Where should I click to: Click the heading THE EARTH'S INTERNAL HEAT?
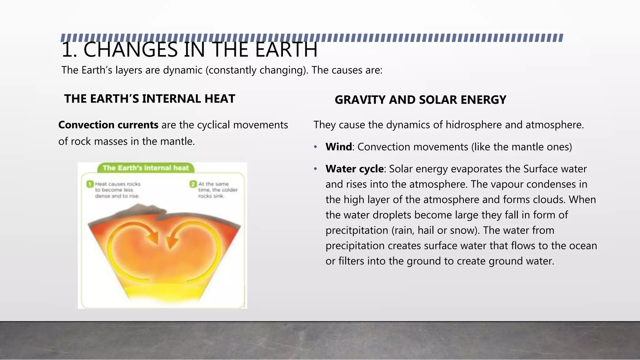pyautogui.click(x=149, y=99)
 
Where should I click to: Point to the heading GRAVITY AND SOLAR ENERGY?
pyautogui.click(x=420, y=100)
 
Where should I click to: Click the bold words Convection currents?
pyautogui.click(x=108, y=125)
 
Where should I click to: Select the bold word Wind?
pyautogui.click(x=338, y=147)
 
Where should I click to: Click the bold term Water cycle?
pyautogui.click(x=354, y=169)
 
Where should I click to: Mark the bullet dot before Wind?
pyautogui.click(x=316, y=147)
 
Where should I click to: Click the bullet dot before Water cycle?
pyautogui.click(x=316, y=169)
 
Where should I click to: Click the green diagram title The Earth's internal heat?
pyautogui.click(x=146, y=168)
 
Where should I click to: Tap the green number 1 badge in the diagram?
pyautogui.click(x=90, y=184)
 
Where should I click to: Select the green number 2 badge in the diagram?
pyautogui.click(x=193, y=184)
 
